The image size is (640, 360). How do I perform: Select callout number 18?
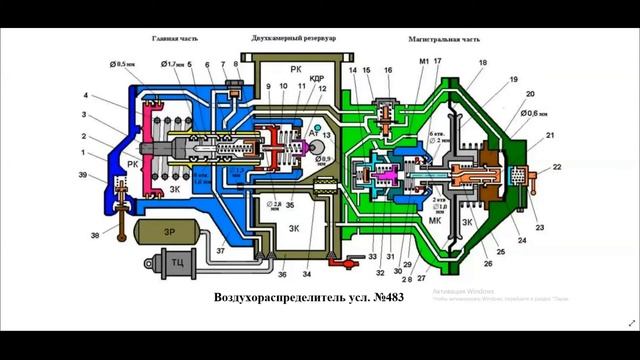483,63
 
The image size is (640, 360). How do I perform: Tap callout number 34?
307,273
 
